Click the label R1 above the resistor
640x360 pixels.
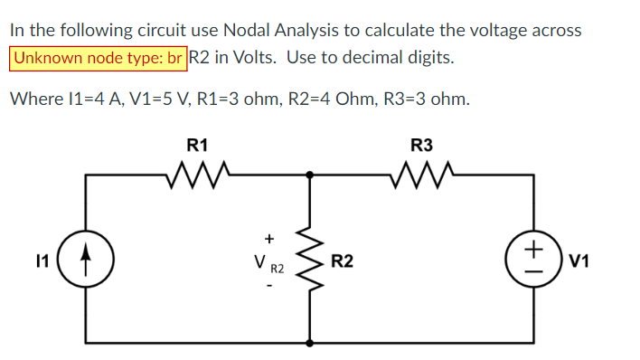tap(197, 143)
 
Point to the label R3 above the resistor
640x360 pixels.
tap(421, 143)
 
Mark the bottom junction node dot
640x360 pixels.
tap(312, 344)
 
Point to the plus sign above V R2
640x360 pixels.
tap(268, 238)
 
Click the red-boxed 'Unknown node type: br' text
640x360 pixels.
tap(99, 58)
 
